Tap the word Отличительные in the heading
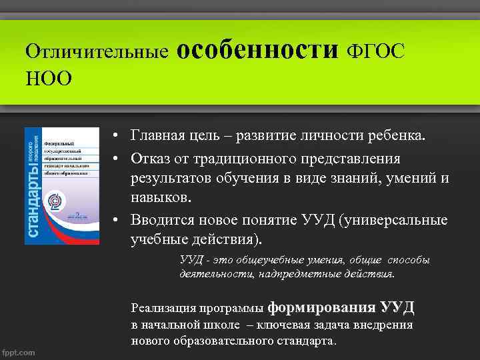[x=96, y=51]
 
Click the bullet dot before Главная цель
[x=115, y=137]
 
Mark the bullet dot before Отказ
[x=115, y=159]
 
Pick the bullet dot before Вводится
[x=115, y=221]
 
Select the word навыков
[x=160, y=197]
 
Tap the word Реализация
[x=160, y=309]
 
